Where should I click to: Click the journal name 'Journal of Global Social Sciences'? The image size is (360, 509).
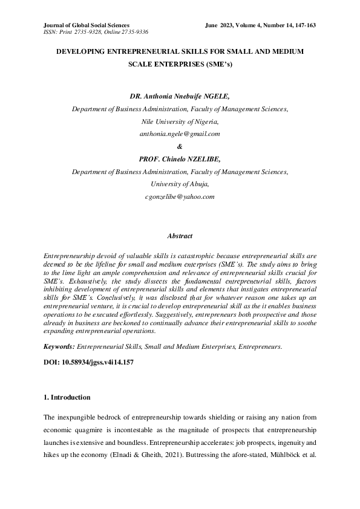coord(86,25)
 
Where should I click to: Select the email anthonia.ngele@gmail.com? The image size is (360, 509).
coord(180,133)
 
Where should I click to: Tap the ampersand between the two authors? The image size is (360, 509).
coord(180,146)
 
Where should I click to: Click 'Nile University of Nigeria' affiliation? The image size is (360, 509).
coord(180,121)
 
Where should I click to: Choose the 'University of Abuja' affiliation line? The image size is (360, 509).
coord(180,184)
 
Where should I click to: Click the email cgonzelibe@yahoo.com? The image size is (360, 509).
coord(180,196)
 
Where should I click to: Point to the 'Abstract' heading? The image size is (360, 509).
coord(180,236)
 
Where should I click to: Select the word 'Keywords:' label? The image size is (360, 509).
coord(59,346)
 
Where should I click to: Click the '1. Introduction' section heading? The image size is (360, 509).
coord(68,397)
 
